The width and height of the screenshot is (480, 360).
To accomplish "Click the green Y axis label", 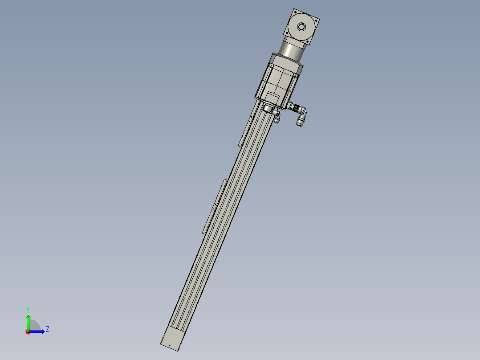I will click(x=28, y=309).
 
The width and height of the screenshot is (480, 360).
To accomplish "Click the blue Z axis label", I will click(x=47, y=329).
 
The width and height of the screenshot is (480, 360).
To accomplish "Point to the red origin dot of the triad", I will click(x=28, y=331).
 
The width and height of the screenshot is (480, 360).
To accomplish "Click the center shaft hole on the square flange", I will click(x=302, y=27).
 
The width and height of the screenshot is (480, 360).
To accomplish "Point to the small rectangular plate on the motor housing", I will click(x=273, y=96).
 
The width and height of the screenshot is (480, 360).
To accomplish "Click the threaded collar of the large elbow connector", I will click(x=293, y=106).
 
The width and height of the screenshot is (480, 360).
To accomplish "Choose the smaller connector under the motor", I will click(x=277, y=117).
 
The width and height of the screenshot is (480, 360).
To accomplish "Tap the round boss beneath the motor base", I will click(x=268, y=109).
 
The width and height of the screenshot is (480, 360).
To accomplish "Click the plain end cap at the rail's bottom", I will click(x=172, y=339).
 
